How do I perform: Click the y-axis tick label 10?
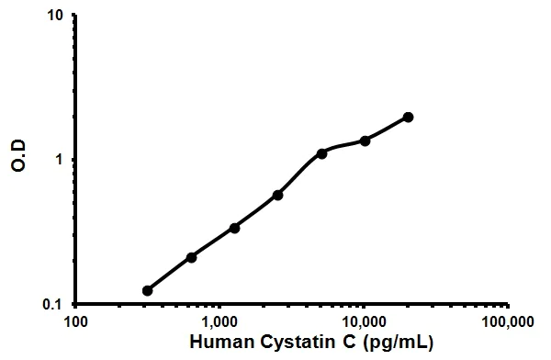click(x=55, y=16)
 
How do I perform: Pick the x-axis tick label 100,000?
click(x=508, y=322)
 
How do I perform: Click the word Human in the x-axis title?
click(x=217, y=343)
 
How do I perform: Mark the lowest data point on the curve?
click(x=147, y=290)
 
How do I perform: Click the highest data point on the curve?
click(x=408, y=117)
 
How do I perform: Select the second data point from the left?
click(x=191, y=257)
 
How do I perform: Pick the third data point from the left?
click(x=234, y=227)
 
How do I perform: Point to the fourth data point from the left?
click(x=277, y=195)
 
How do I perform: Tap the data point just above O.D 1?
click(x=321, y=153)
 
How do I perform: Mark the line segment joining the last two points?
click(x=387, y=129)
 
